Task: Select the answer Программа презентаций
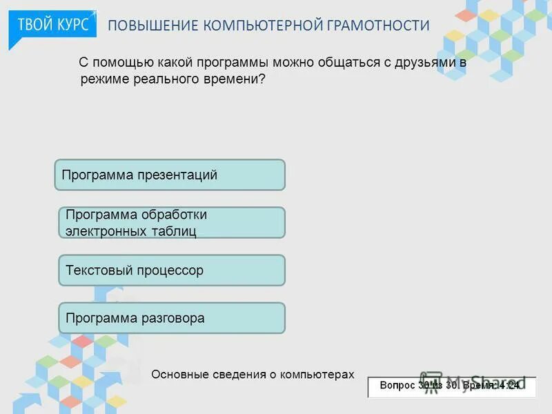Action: point(170,175)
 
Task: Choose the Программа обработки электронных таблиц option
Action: point(171,223)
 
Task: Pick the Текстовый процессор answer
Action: point(171,270)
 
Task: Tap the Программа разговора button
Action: point(171,318)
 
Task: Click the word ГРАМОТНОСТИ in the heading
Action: point(378,26)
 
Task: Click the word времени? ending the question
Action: point(241,79)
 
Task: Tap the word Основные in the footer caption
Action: point(176,375)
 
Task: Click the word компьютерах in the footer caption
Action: point(317,375)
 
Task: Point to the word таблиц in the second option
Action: point(175,231)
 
